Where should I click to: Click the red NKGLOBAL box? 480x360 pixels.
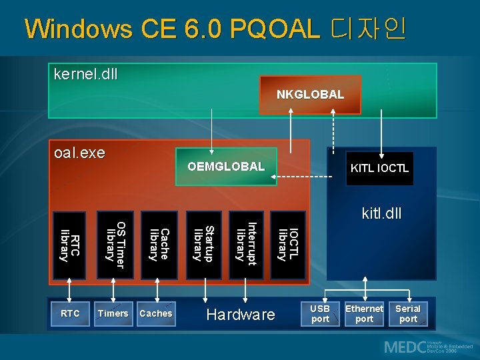(x=311, y=94)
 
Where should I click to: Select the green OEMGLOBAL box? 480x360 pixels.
(x=226, y=166)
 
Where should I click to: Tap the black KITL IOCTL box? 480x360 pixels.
(x=379, y=168)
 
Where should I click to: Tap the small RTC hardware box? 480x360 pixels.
(x=70, y=313)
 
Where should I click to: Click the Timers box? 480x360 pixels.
(x=113, y=313)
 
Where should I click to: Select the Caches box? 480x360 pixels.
(x=156, y=313)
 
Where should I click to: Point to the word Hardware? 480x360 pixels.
(x=241, y=315)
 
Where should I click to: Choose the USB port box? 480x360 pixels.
(x=321, y=314)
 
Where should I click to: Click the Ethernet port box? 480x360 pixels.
(x=364, y=314)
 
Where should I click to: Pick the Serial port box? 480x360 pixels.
(x=408, y=314)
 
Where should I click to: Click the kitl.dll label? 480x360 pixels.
(x=381, y=214)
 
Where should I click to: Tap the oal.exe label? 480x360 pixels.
(x=79, y=153)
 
